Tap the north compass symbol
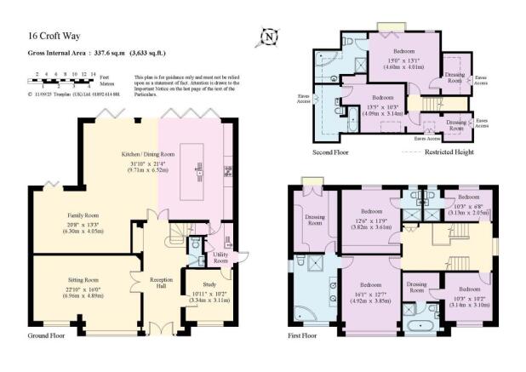(x=268, y=37)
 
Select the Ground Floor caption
(x=48, y=335)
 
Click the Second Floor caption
(x=333, y=152)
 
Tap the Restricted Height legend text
(x=442, y=152)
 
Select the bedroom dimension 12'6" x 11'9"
(x=370, y=220)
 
